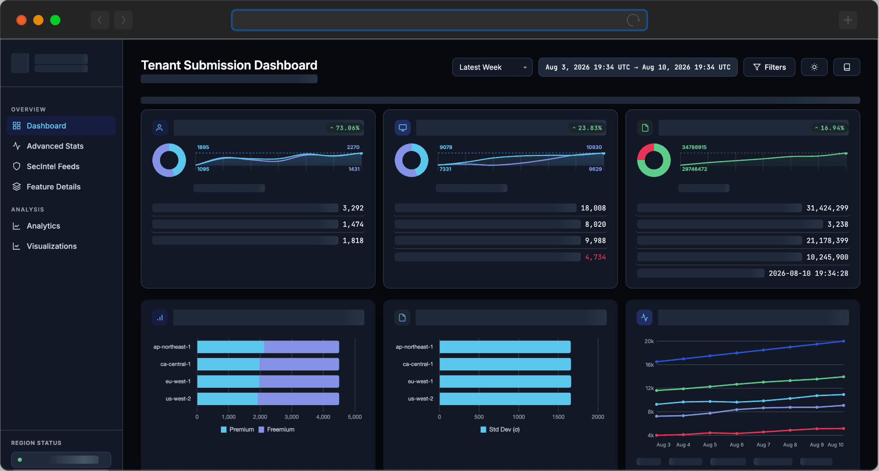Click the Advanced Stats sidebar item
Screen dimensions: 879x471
55,146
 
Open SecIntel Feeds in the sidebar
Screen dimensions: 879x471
53,166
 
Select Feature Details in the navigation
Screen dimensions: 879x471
54,187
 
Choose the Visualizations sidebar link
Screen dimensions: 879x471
52,246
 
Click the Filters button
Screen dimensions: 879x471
769,67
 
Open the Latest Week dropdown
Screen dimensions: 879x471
492,67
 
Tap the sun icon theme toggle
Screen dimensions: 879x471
814,67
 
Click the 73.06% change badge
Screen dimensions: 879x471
345,128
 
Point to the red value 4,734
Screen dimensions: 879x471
595,257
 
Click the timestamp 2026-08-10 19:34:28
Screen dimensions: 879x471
808,273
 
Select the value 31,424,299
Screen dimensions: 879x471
827,208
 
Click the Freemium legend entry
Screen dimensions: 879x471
277,429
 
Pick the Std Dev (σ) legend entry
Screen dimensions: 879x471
500,429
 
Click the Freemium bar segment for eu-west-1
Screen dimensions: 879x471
299,381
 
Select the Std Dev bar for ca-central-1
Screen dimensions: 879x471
505,364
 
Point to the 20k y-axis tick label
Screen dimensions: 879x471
649,341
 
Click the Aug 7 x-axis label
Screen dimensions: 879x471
763,444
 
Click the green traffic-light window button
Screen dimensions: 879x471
55,20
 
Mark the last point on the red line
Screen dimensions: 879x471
843,428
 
